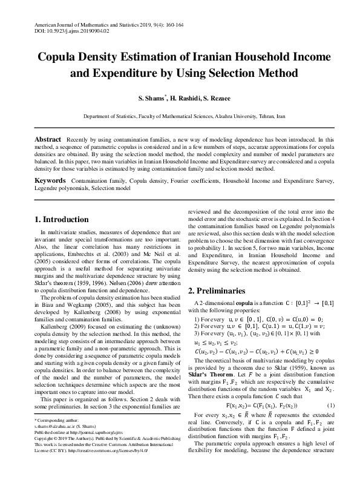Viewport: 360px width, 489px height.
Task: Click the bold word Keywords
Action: tap(50, 181)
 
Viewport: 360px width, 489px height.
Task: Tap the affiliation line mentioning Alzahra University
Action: tap(180, 115)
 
